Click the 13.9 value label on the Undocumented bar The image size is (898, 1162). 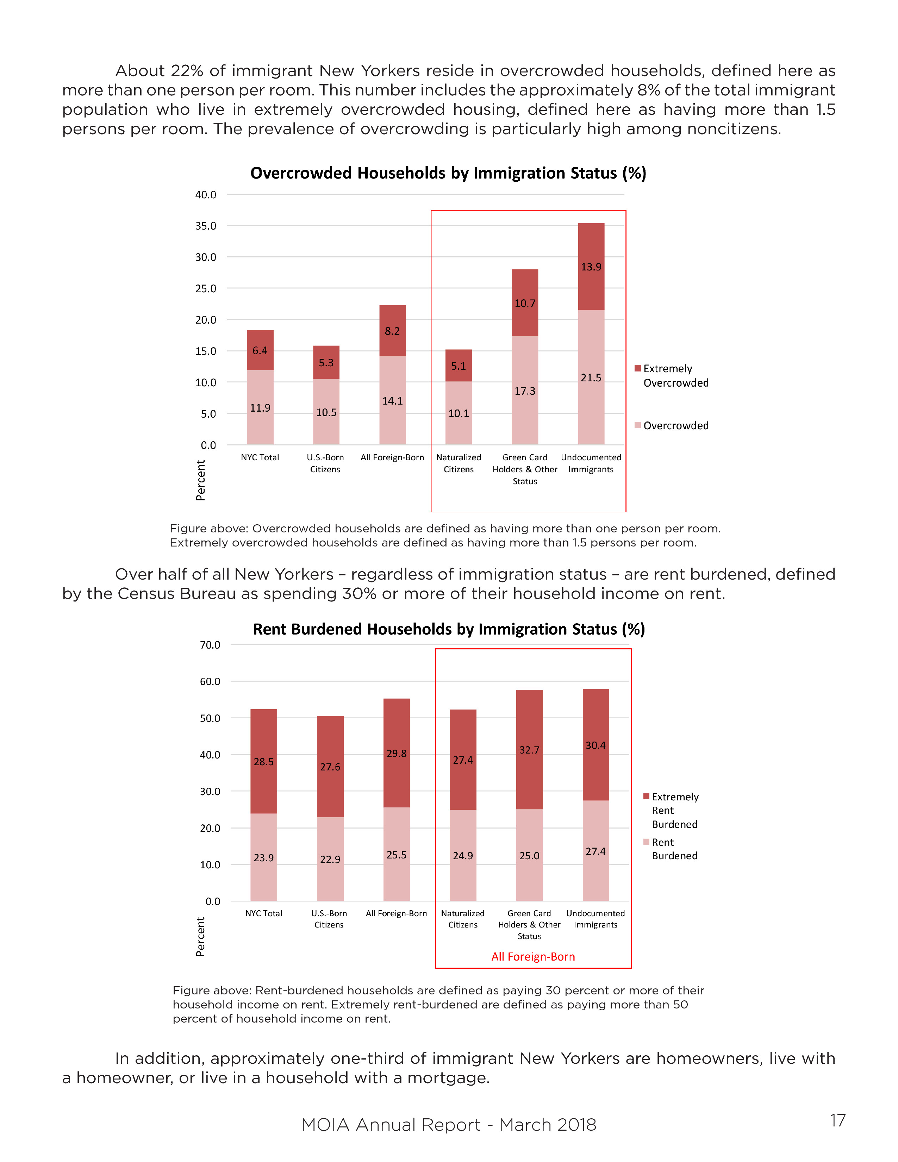tap(591, 267)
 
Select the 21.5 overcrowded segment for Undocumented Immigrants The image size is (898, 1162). tap(591, 378)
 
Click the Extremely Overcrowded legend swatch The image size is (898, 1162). tap(638, 368)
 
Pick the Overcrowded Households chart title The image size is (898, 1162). tap(448, 174)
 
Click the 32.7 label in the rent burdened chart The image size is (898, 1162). tap(529, 750)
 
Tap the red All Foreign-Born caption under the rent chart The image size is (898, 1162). tap(533, 957)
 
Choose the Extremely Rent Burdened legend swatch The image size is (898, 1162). tap(646, 796)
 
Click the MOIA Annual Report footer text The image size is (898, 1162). tap(448, 1125)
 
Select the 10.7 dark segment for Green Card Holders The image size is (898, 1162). tap(525, 303)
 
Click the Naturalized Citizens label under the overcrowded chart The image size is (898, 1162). tap(459, 463)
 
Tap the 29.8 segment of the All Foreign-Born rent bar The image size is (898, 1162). tap(396, 754)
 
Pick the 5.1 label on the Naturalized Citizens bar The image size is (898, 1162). tap(459, 366)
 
